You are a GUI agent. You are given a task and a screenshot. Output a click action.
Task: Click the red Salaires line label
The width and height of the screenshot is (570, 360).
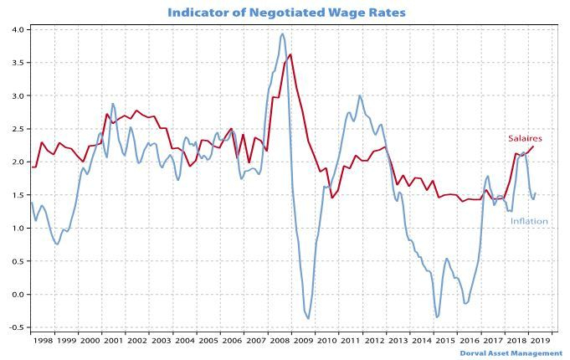[x=525, y=138]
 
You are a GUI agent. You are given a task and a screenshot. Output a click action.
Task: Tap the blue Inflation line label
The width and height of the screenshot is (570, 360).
[x=530, y=222]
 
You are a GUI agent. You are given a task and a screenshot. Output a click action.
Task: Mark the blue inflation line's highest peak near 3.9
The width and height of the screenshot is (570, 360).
[x=282, y=34]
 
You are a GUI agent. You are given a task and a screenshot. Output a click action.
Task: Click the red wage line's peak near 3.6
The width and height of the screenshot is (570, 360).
[x=290, y=55]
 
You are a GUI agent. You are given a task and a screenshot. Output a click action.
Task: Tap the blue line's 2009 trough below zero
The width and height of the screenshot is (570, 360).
[x=308, y=318]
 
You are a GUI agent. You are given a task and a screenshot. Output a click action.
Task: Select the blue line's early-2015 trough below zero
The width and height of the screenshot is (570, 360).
[x=437, y=317]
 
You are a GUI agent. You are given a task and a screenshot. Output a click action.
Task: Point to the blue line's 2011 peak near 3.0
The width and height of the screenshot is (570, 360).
[x=360, y=95]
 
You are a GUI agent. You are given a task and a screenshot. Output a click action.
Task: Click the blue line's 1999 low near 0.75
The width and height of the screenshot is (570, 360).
[x=56, y=244]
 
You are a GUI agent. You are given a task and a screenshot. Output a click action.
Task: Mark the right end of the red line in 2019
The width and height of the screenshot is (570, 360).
[x=534, y=147]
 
